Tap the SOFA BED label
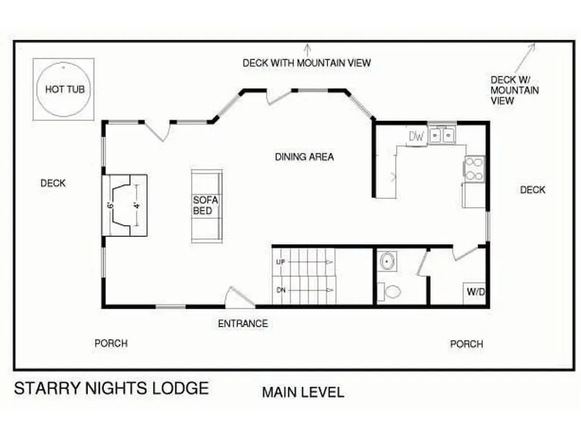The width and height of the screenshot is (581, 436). tap(205, 205)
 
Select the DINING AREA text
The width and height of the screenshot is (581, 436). tap(304, 157)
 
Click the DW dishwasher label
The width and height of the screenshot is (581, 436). tap(416, 136)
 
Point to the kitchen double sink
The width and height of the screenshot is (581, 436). tap(442, 135)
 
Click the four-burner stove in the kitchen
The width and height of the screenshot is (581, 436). tap(474, 169)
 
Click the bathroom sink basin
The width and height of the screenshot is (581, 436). tap(388, 261)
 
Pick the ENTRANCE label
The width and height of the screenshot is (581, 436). tap(243, 324)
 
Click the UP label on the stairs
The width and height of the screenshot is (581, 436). tap(281, 262)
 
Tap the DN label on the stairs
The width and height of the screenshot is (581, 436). tap(281, 290)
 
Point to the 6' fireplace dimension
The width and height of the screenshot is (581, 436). tap(110, 205)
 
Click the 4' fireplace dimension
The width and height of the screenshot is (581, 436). tap(137, 205)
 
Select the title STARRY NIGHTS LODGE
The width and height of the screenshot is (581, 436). tap(112, 388)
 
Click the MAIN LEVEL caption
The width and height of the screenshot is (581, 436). tap(303, 392)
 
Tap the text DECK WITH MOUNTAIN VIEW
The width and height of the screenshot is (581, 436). tap(306, 63)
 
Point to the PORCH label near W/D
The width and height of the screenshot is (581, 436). tap(467, 344)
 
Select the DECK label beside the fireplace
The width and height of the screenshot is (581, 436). tap(53, 183)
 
